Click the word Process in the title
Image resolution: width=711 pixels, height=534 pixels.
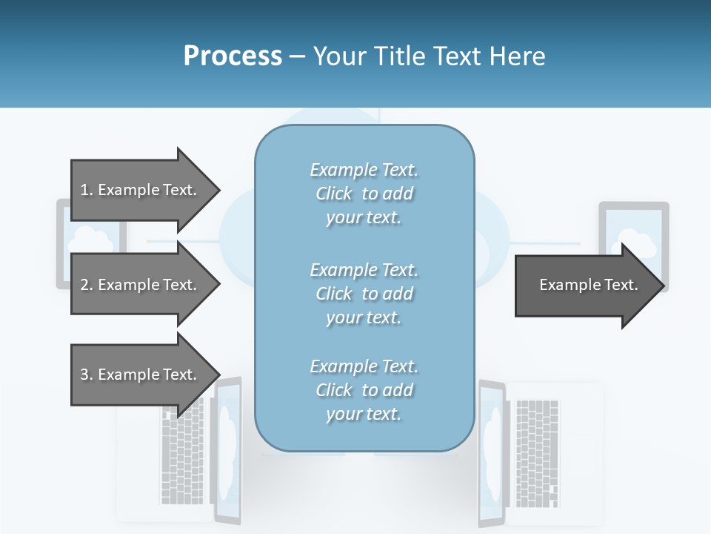click(233, 56)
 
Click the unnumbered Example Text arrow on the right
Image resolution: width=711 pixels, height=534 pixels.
click(585, 286)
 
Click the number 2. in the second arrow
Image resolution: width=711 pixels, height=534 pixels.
click(86, 285)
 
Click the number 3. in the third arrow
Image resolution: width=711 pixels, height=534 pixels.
click(86, 375)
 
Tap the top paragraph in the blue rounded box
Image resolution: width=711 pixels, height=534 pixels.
click(364, 194)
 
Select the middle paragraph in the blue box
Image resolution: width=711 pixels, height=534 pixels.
click(364, 294)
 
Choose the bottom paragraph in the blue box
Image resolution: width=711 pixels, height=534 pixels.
click(364, 390)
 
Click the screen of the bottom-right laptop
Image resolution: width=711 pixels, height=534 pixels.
click(490, 452)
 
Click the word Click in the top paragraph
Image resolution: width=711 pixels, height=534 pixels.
click(334, 194)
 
